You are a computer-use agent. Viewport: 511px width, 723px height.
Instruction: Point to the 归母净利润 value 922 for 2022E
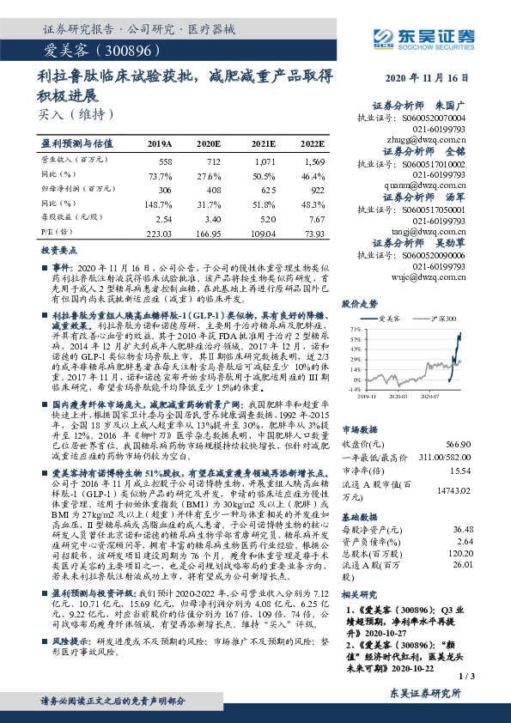[317, 189]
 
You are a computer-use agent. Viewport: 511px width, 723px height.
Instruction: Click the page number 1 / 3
[467, 676]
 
